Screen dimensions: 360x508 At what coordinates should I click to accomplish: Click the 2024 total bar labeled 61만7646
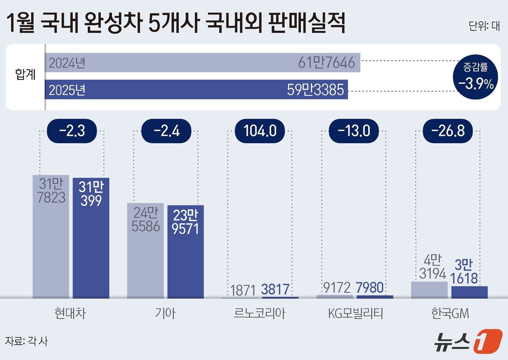pyautogui.click(x=202, y=63)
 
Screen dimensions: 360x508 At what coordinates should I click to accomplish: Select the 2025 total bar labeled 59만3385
pyautogui.click(x=196, y=90)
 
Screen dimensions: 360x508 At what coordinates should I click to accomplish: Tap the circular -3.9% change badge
pyautogui.click(x=475, y=77)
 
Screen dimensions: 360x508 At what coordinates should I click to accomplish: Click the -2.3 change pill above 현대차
pyautogui.click(x=72, y=131)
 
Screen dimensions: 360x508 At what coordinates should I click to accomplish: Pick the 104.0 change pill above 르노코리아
pyautogui.click(x=260, y=131)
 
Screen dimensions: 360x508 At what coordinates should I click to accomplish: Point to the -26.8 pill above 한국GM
pyautogui.click(x=448, y=131)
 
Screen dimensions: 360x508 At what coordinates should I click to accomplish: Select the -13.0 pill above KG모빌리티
pyautogui.click(x=354, y=131)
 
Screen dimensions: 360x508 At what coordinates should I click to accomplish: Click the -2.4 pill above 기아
pyautogui.click(x=166, y=131)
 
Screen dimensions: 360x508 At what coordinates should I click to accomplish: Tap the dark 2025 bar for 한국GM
pyautogui.click(x=469, y=292)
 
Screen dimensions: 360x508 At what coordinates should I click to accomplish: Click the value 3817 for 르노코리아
pyautogui.click(x=275, y=289)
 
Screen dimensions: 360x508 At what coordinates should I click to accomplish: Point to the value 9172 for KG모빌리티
pyautogui.click(x=337, y=288)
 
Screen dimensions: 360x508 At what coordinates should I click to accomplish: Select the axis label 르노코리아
pyautogui.click(x=259, y=313)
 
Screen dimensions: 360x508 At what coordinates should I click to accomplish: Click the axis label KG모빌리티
pyautogui.click(x=355, y=313)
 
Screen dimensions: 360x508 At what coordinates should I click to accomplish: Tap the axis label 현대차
pyautogui.click(x=70, y=313)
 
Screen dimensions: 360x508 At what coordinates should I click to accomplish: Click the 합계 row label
pyautogui.click(x=25, y=74)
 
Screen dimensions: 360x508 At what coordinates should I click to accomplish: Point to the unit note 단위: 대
pyautogui.click(x=484, y=26)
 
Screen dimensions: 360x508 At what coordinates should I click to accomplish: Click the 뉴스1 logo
pyautogui.click(x=468, y=341)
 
